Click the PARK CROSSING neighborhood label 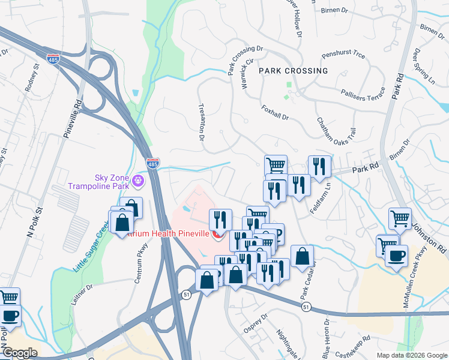(x=294, y=71)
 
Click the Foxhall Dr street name (x=276, y=112)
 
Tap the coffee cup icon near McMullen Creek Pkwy (x=396, y=256)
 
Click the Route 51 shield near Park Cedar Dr (x=307, y=307)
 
